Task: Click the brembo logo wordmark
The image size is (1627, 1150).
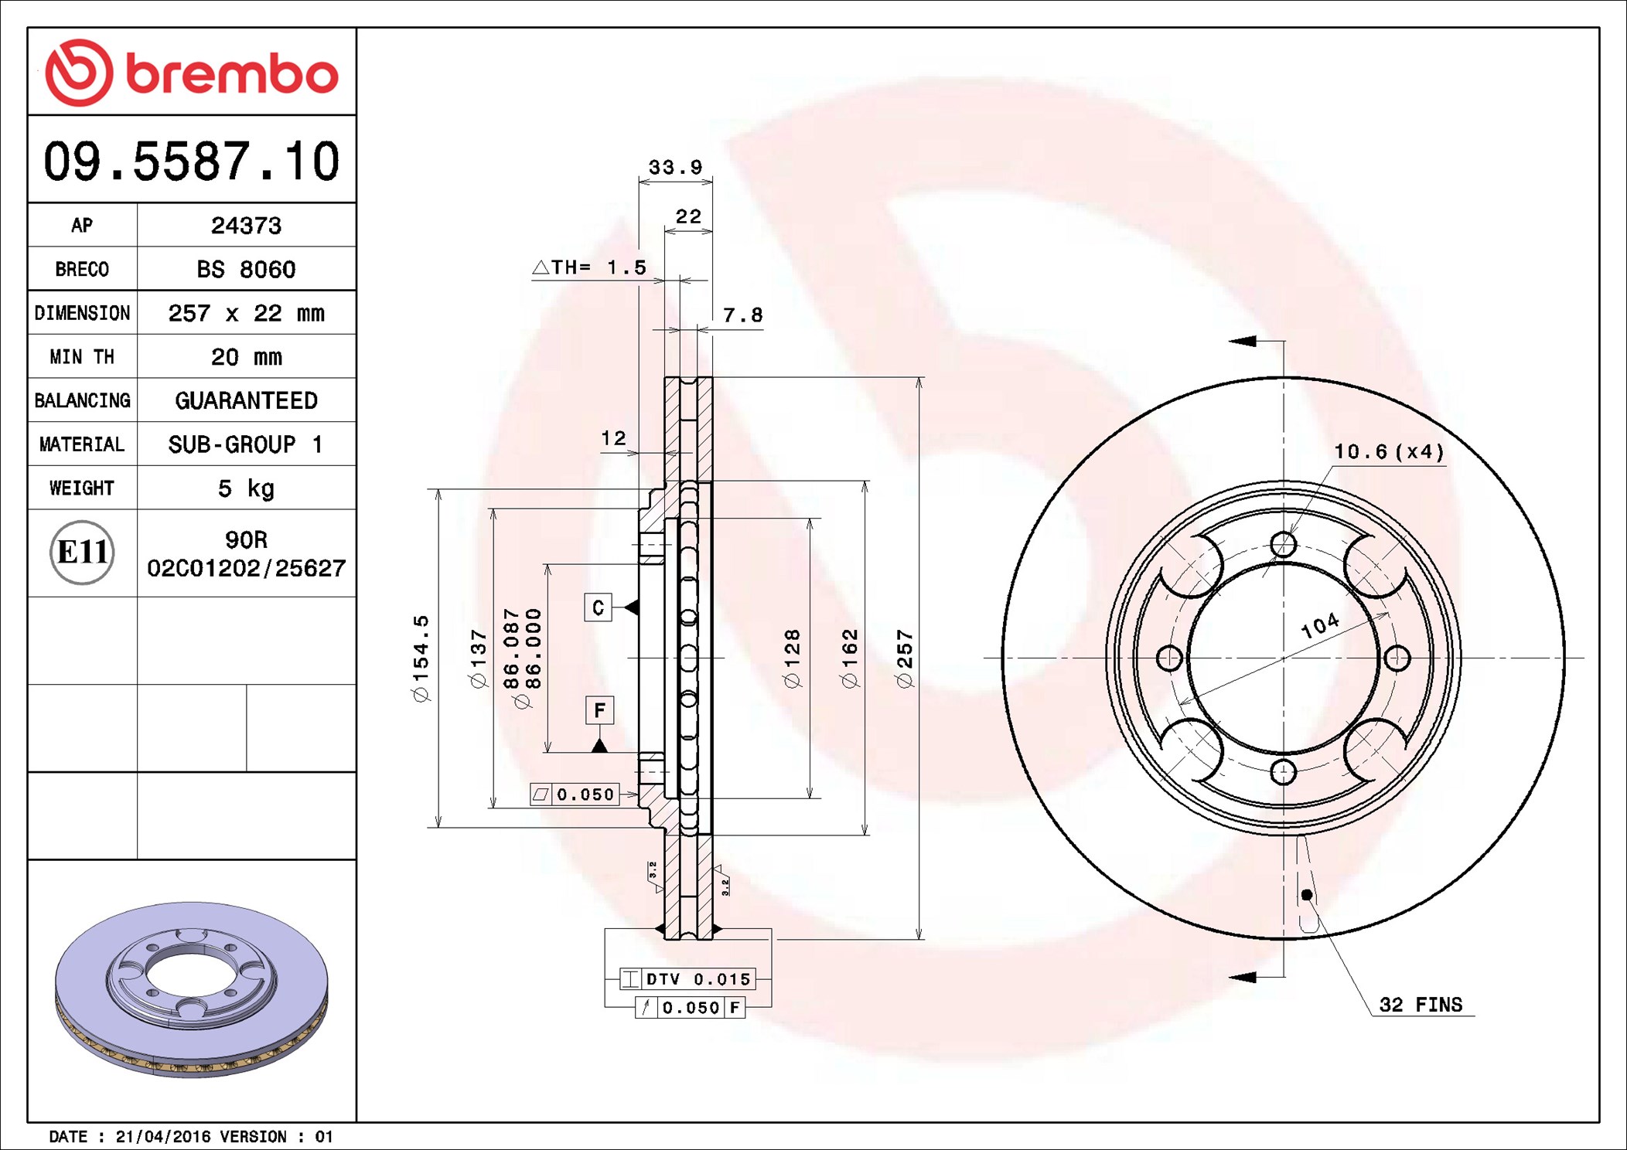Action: point(232,75)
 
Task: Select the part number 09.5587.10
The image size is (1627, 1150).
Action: point(192,161)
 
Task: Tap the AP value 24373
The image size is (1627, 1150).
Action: point(246,226)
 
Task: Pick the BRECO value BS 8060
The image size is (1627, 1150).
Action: point(246,269)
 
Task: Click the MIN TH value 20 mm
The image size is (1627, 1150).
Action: point(246,357)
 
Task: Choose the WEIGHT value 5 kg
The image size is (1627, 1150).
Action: point(246,488)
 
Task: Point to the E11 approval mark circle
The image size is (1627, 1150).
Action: point(82,553)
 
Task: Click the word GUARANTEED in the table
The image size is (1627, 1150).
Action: point(246,400)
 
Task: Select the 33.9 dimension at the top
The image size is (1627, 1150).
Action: point(675,167)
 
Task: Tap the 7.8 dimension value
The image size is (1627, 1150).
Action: point(742,315)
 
